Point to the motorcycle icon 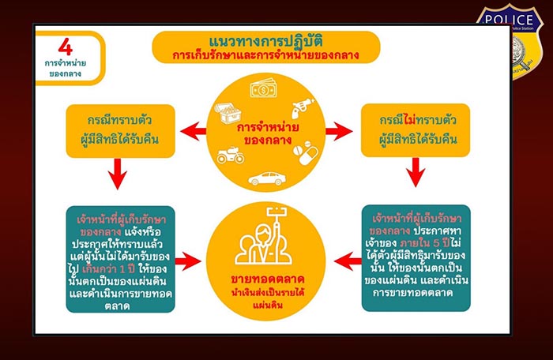(x=231, y=154)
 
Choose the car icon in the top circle (x=266, y=178)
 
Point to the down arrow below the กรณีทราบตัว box (x=118, y=174)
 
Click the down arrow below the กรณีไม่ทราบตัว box (x=414, y=174)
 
